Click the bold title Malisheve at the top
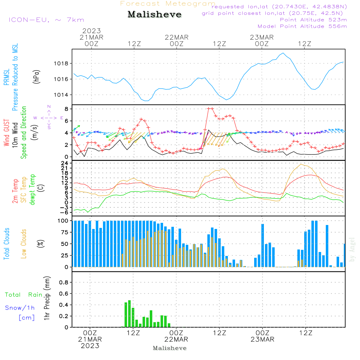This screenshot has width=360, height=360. [x=154, y=15]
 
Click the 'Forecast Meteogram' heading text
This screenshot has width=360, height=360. [x=168, y=4]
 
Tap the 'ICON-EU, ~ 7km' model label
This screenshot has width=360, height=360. [x=46, y=20]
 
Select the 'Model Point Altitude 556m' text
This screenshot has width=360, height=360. [x=302, y=26]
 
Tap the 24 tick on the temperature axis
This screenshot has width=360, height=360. [x=65, y=163]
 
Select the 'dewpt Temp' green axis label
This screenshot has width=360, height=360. [x=33, y=189]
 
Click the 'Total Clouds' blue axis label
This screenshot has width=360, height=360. [x=7, y=244]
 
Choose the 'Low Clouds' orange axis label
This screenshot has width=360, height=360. [x=24, y=244]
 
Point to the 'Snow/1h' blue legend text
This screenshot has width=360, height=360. [x=20, y=308]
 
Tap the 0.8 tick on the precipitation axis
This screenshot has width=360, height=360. [x=63, y=283]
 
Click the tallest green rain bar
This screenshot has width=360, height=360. [x=129, y=313]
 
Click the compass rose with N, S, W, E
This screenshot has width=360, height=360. [x=49, y=117]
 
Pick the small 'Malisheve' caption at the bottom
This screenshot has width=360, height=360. [x=170, y=348]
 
